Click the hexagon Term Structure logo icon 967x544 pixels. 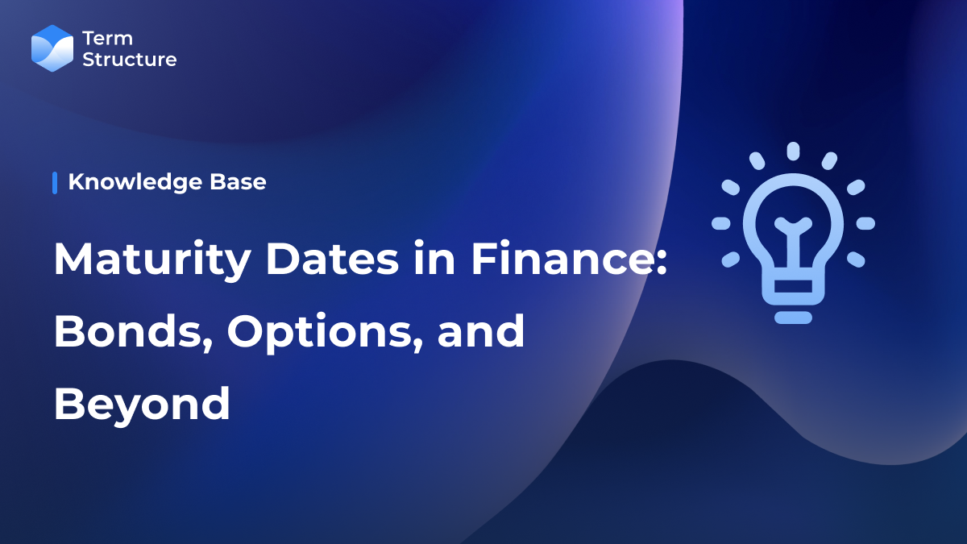tap(52, 48)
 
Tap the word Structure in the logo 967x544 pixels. tap(130, 59)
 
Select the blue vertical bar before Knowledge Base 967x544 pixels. tap(55, 182)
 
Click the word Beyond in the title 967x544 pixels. tap(142, 403)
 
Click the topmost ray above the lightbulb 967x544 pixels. tap(793, 151)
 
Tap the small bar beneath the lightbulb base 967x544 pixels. tap(793, 318)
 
